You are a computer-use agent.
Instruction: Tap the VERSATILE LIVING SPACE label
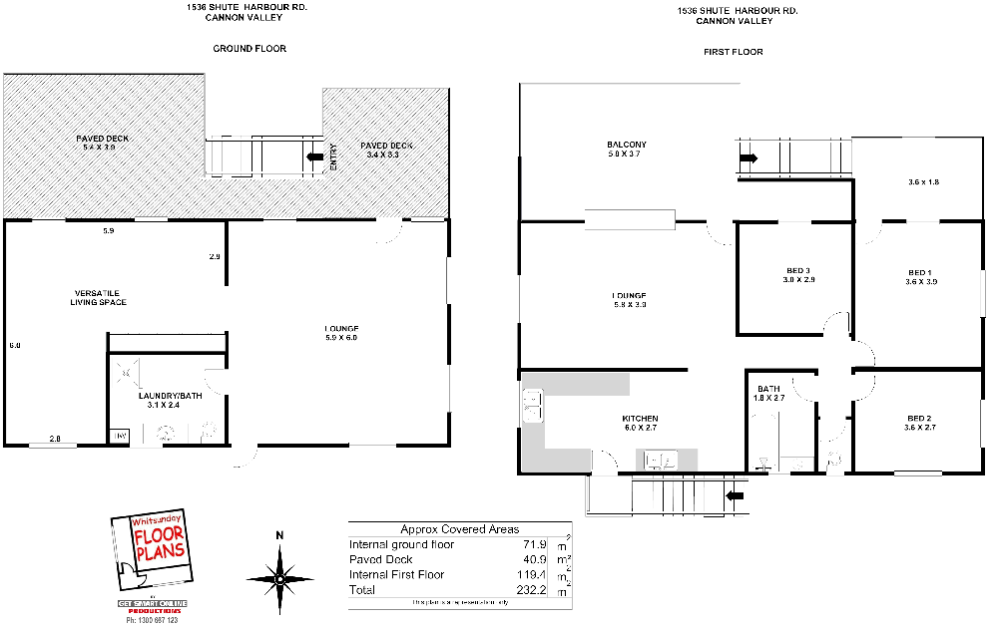tap(98, 296)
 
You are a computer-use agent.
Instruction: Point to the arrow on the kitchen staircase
tap(737, 494)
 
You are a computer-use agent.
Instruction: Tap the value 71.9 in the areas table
tap(534, 545)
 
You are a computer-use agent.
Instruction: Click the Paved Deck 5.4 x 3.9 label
tap(103, 143)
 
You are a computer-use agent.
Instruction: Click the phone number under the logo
tap(153, 620)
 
